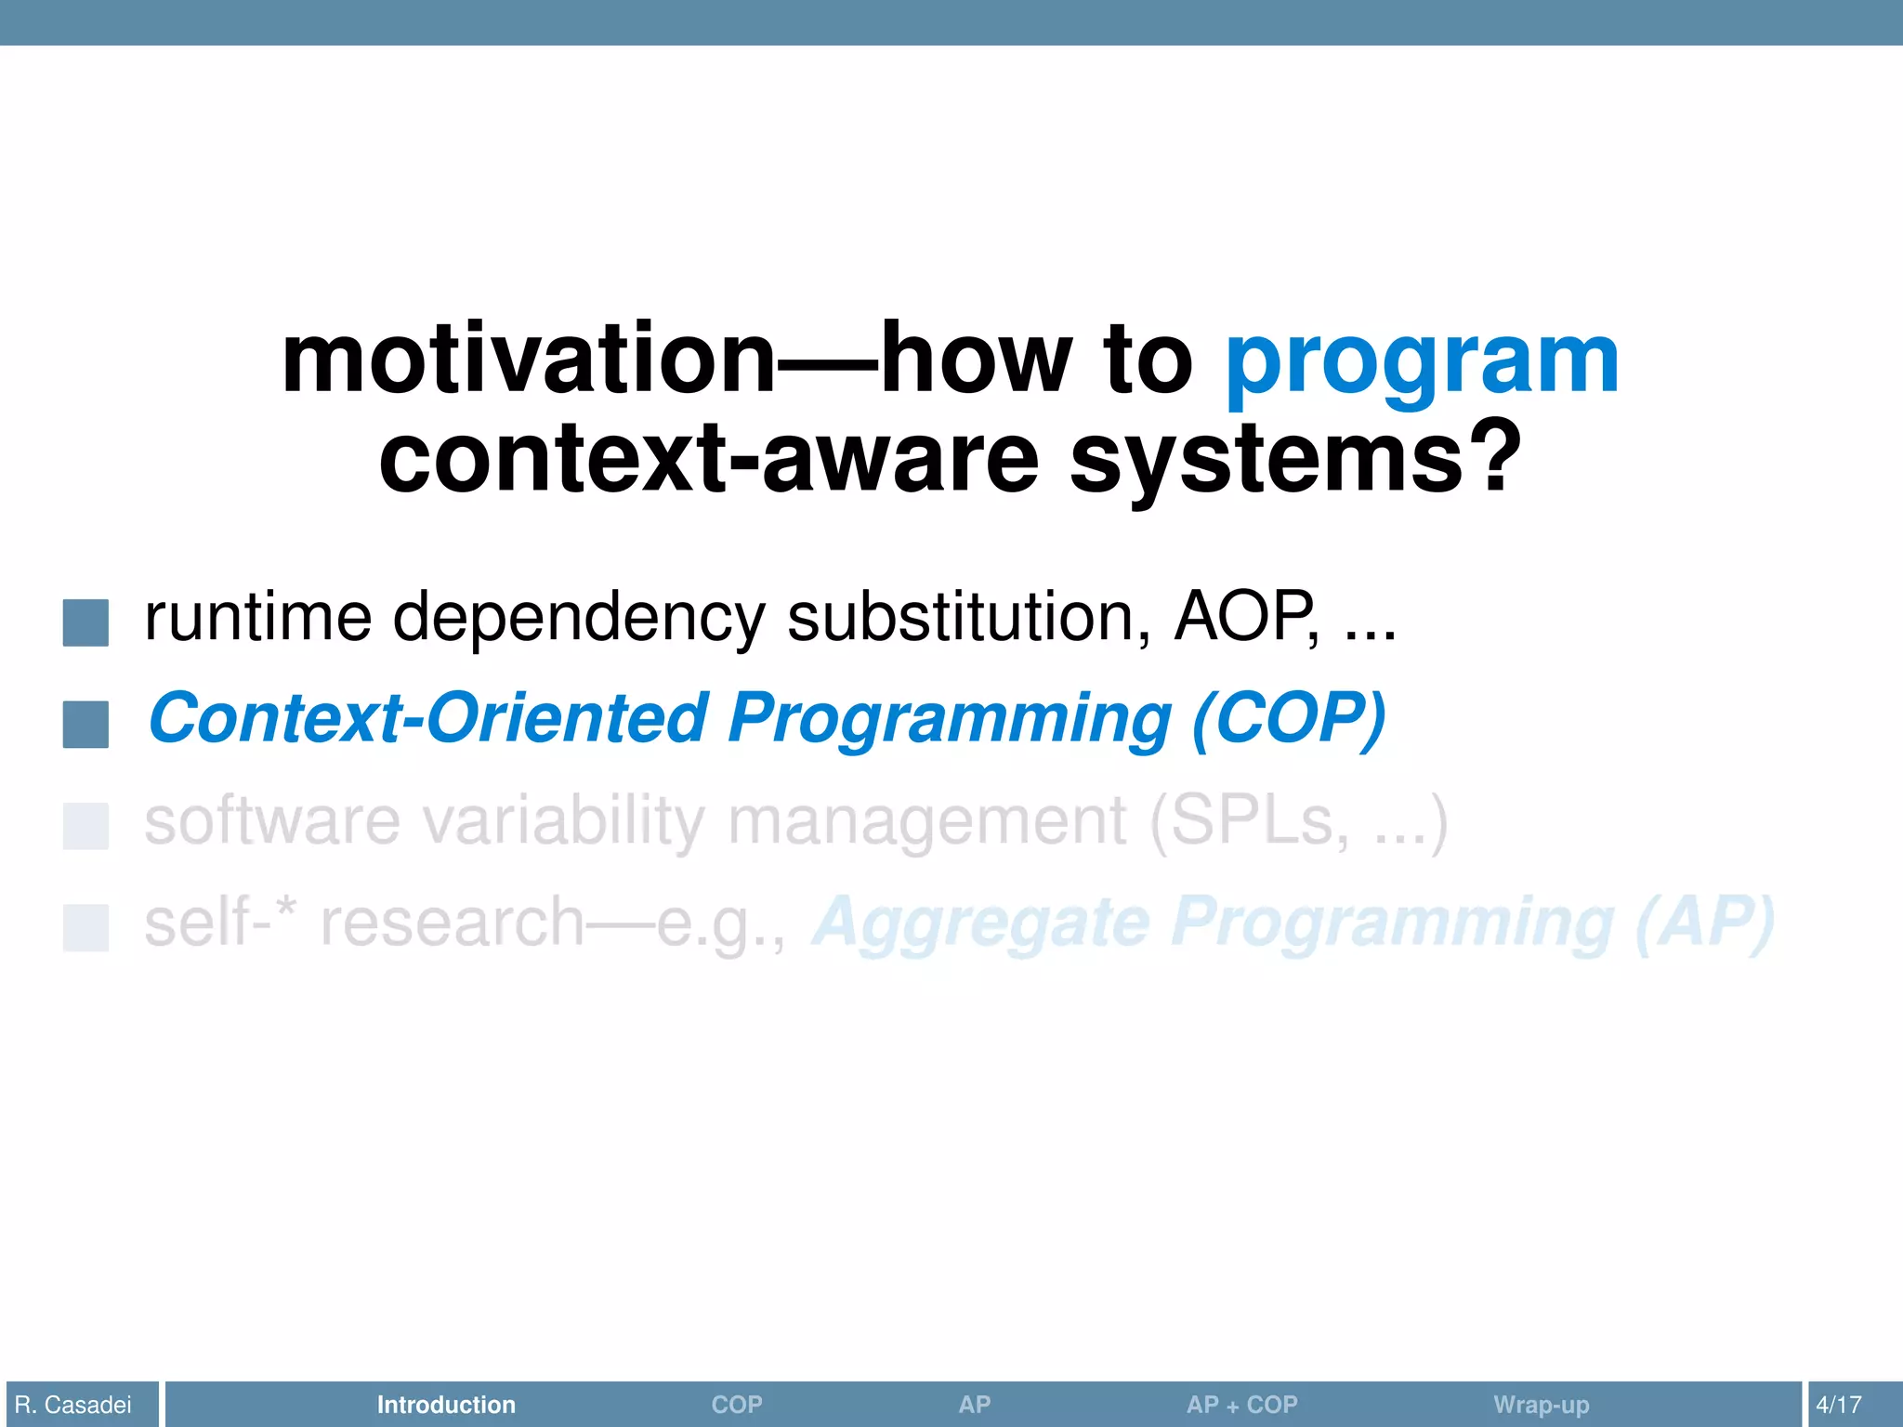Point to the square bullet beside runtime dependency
point(85,622)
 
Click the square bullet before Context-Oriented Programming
point(85,725)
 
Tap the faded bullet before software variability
point(85,826)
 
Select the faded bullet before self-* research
point(85,927)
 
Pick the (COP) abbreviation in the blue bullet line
point(1289,719)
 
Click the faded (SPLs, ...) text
point(1298,821)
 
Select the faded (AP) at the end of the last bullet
point(1704,923)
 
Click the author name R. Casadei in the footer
point(73,1405)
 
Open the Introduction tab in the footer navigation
point(446,1405)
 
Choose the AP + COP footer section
point(1241,1405)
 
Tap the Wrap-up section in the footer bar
point(1541,1405)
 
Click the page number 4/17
point(1838,1405)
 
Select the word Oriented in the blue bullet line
point(567,719)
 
